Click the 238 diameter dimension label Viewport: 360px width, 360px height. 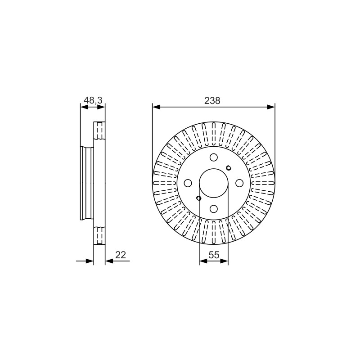212,100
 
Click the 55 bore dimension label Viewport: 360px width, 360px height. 214,255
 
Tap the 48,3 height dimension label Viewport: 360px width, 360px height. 93,100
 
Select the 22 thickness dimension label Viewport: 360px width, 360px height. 121,255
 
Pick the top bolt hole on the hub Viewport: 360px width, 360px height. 214,157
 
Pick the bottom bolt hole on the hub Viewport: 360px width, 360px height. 214,209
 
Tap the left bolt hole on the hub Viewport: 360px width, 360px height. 188,183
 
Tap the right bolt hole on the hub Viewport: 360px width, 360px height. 239,183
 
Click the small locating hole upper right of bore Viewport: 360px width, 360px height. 229,168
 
